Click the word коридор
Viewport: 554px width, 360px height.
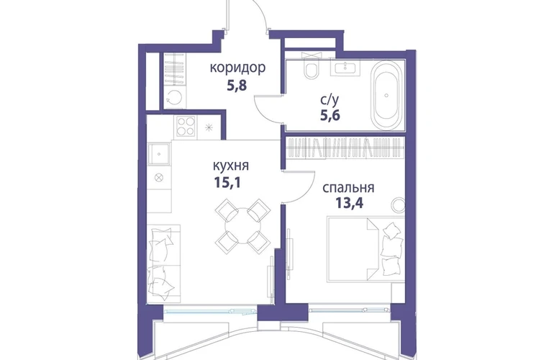[x=237, y=68]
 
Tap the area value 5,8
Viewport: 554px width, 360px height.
[x=237, y=86]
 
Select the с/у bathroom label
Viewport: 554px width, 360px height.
[x=330, y=100]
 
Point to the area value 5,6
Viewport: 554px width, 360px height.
[x=330, y=115]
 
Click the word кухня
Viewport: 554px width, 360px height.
[x=231, y=166]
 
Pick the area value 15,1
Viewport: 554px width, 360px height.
[x=227, y=182]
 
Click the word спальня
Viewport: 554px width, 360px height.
[x=348, y=188]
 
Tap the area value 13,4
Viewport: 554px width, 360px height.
[x=349, y=203]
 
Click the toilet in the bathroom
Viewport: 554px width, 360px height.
[x=311, y=68]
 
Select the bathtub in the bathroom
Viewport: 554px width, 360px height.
[x=386, y=96]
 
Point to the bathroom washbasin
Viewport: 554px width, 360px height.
[x=345, y=68]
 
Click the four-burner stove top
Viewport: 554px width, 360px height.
[x=186, y=127]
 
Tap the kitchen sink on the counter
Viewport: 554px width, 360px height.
[x=159, y=154]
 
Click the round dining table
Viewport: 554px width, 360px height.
[x=242, y=226]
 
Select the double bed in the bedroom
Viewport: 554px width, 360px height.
[x=366, y=249]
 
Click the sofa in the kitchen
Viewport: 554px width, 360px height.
[x=163, y=264]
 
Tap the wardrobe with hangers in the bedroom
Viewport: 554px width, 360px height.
[x=345, y=147]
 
